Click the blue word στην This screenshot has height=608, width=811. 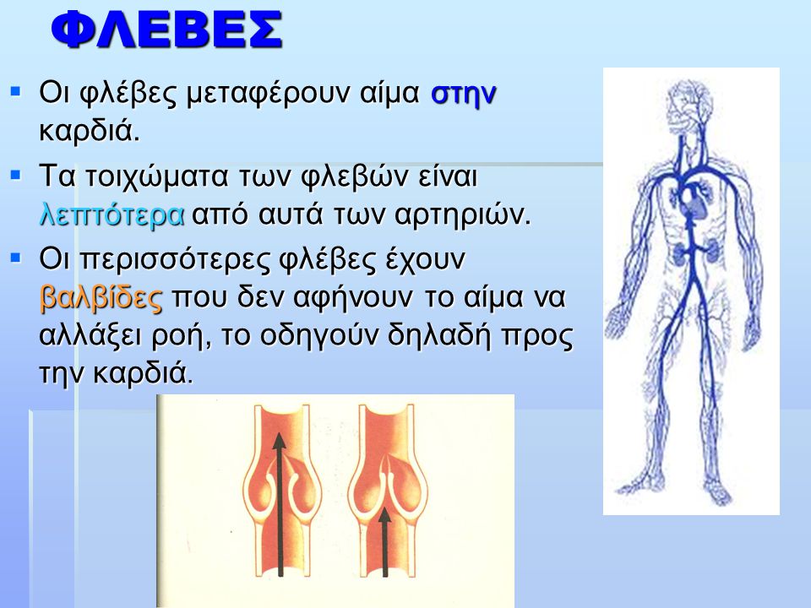pyautogui.click(x=464, y=95)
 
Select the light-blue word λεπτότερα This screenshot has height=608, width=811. pyautogui.click(x=112, y=215)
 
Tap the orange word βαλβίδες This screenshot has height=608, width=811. pyautogui.click(x=101, y=297)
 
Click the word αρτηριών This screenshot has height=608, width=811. pyautogui.click(x=462, y=215)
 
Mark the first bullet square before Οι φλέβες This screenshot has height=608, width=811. pyautogui.click(x=15, y=92)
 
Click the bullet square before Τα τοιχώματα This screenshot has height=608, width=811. pyautogui.click(x=15, y=175)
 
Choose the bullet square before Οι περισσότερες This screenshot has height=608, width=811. pyautogui.click(x=15, y=257)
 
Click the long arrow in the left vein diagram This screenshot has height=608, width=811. pyautogui.click(x=280, y=505)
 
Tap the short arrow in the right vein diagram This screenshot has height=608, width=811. pyautogui.click(x=385, y=542)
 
